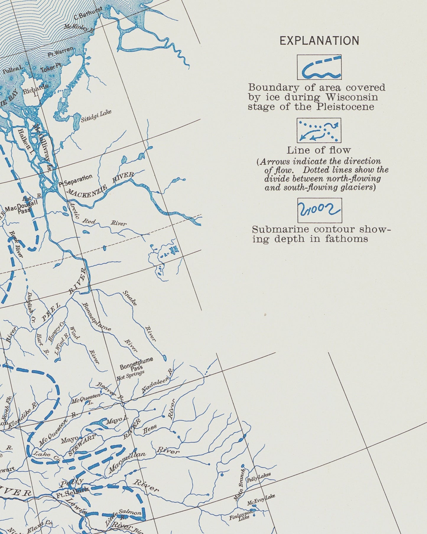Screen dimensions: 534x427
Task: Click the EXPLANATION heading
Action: click(x=319, y=40)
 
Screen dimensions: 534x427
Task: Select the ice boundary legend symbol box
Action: click(x=319, y=67)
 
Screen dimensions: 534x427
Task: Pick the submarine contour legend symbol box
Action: click(x=319, y=210)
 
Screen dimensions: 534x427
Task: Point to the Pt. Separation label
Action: click(x=75, y=180)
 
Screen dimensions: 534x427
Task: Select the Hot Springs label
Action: click(x=130, y=374)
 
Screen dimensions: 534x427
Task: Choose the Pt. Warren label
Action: click(x=60, y=52)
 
